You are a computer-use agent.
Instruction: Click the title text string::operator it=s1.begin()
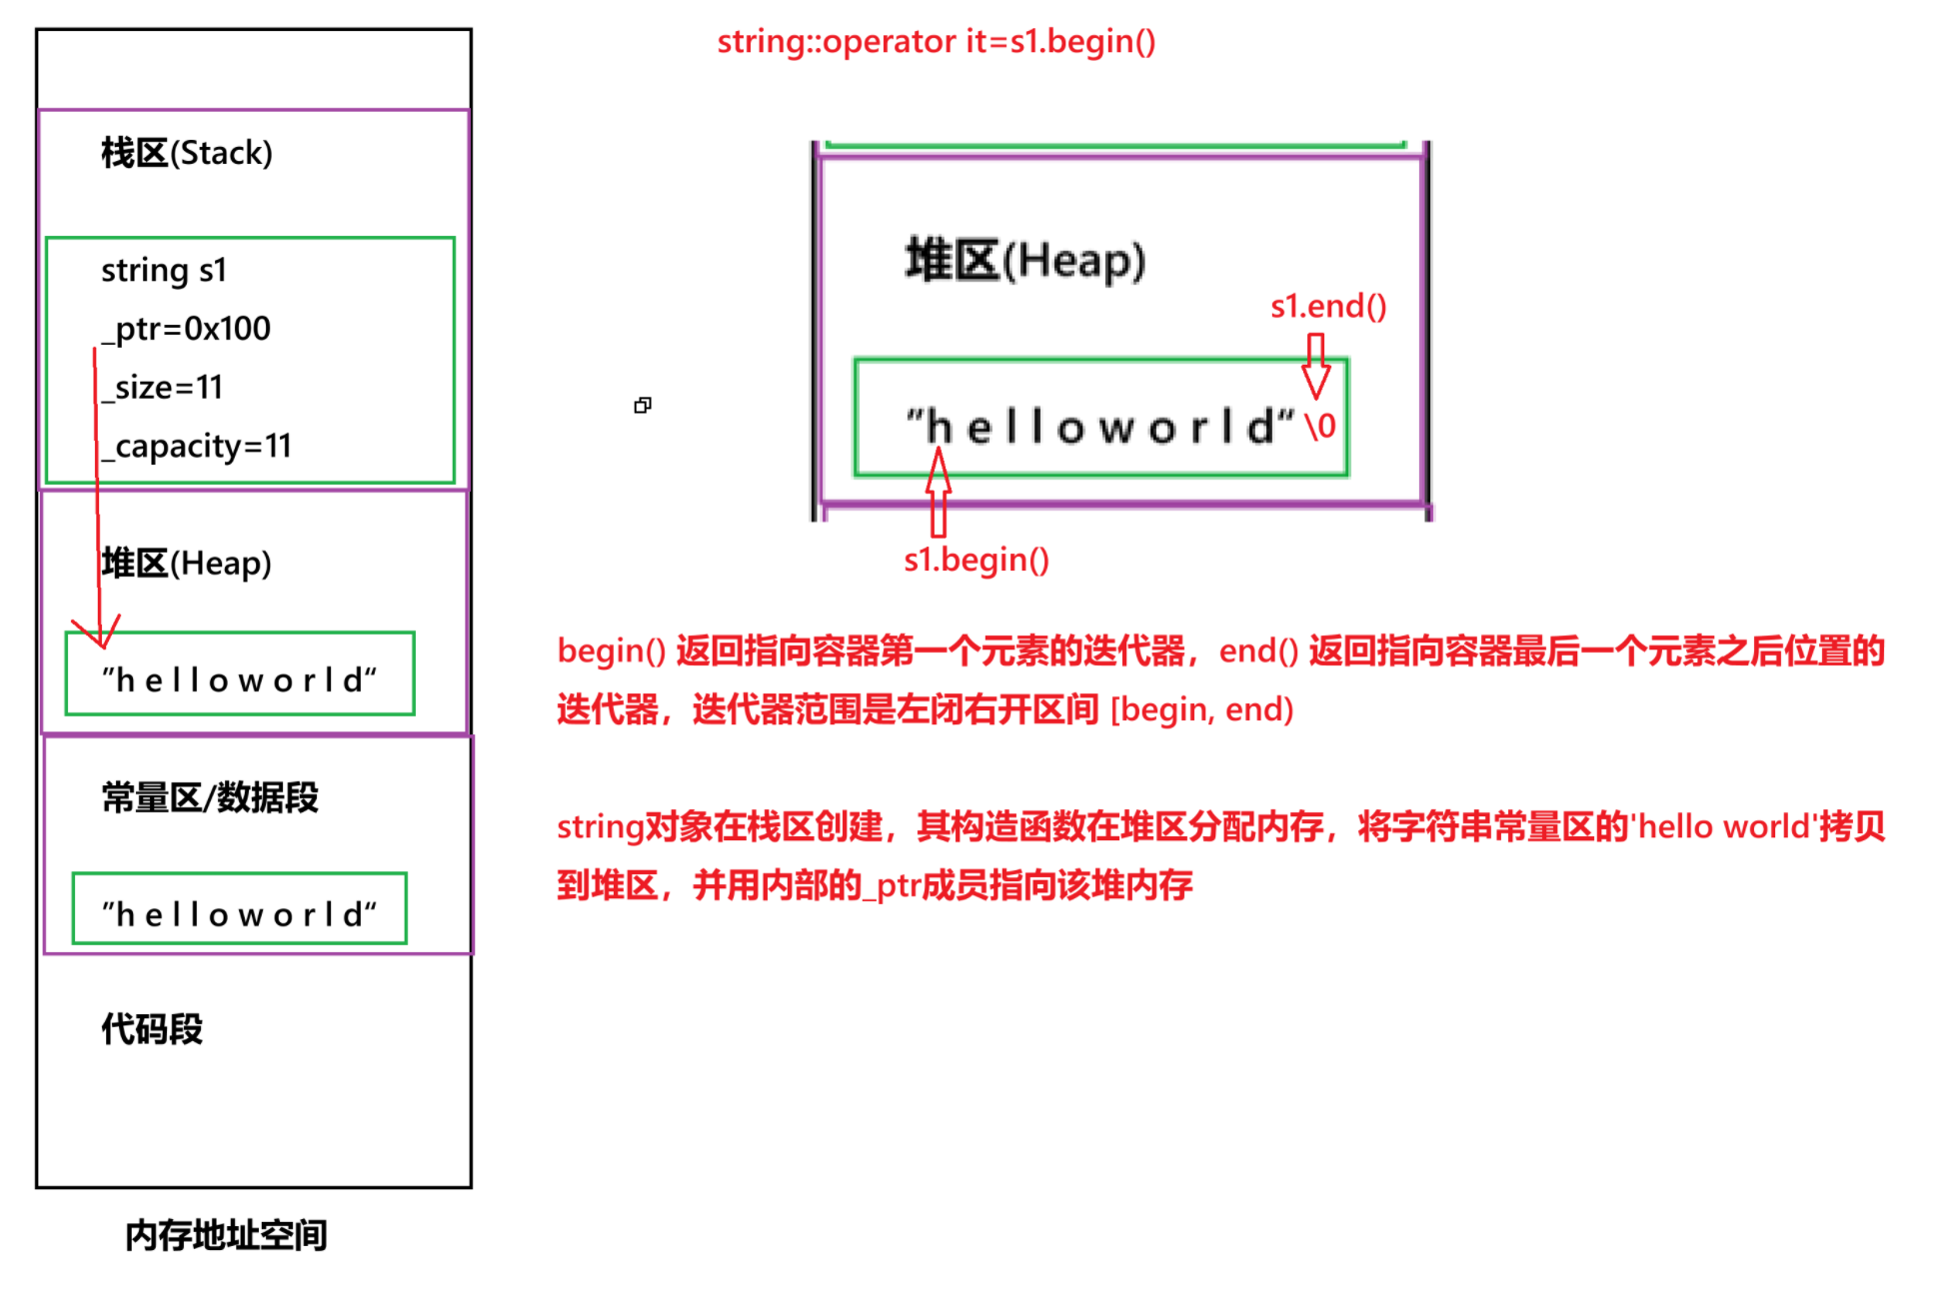pos(936,42)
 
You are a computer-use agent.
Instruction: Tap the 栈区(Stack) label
pos(186,153)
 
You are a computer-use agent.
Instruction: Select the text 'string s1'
pos(164,271)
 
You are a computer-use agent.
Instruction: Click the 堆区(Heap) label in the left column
pos(186,564)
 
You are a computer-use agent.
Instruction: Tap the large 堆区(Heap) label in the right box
pos(1024,261)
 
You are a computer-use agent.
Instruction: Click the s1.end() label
pos(1327,306)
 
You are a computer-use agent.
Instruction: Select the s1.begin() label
pos(976,560)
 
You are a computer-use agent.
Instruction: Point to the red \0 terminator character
pos(1320,427)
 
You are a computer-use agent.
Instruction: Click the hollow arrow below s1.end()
pos(1315,366)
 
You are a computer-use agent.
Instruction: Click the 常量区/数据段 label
pos(210,798)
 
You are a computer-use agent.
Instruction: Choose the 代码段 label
pos(152,1029)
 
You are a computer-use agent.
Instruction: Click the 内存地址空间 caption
pos(226,1236)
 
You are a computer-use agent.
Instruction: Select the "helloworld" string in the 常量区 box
pos(239,913)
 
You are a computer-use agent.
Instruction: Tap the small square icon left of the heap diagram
pos(643,405)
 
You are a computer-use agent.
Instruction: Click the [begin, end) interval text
pos(1201,709)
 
